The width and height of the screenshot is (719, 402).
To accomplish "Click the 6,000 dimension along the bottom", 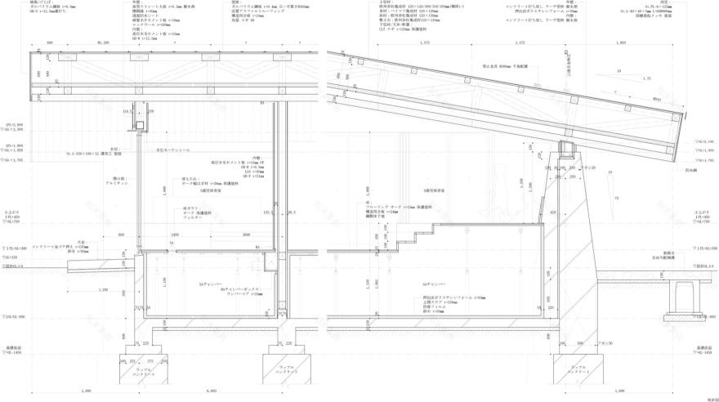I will (x=210, y=392).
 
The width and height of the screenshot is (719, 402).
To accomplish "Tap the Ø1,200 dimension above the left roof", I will (x=104, y=42).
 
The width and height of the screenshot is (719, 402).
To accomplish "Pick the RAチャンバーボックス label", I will (x=241, y=292).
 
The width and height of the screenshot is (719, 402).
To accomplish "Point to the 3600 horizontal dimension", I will (x=246, y=233).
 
